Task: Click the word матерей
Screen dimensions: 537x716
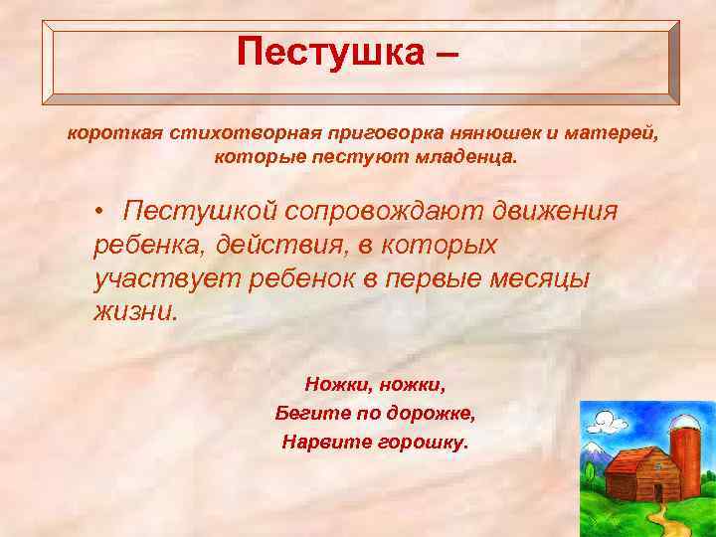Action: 604,133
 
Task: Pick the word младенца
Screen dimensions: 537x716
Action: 466,157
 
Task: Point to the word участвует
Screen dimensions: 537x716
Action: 158,278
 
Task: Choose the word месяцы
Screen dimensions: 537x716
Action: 541,278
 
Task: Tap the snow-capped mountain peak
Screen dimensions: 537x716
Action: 594,453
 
